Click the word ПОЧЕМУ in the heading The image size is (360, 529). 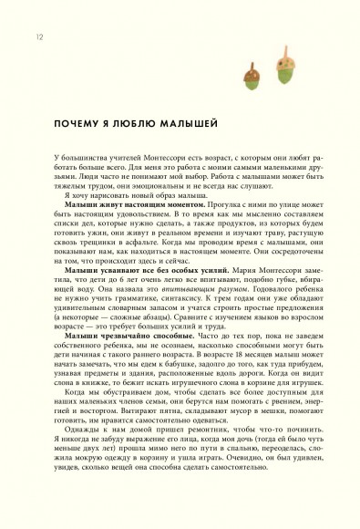[x=80, y=120]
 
